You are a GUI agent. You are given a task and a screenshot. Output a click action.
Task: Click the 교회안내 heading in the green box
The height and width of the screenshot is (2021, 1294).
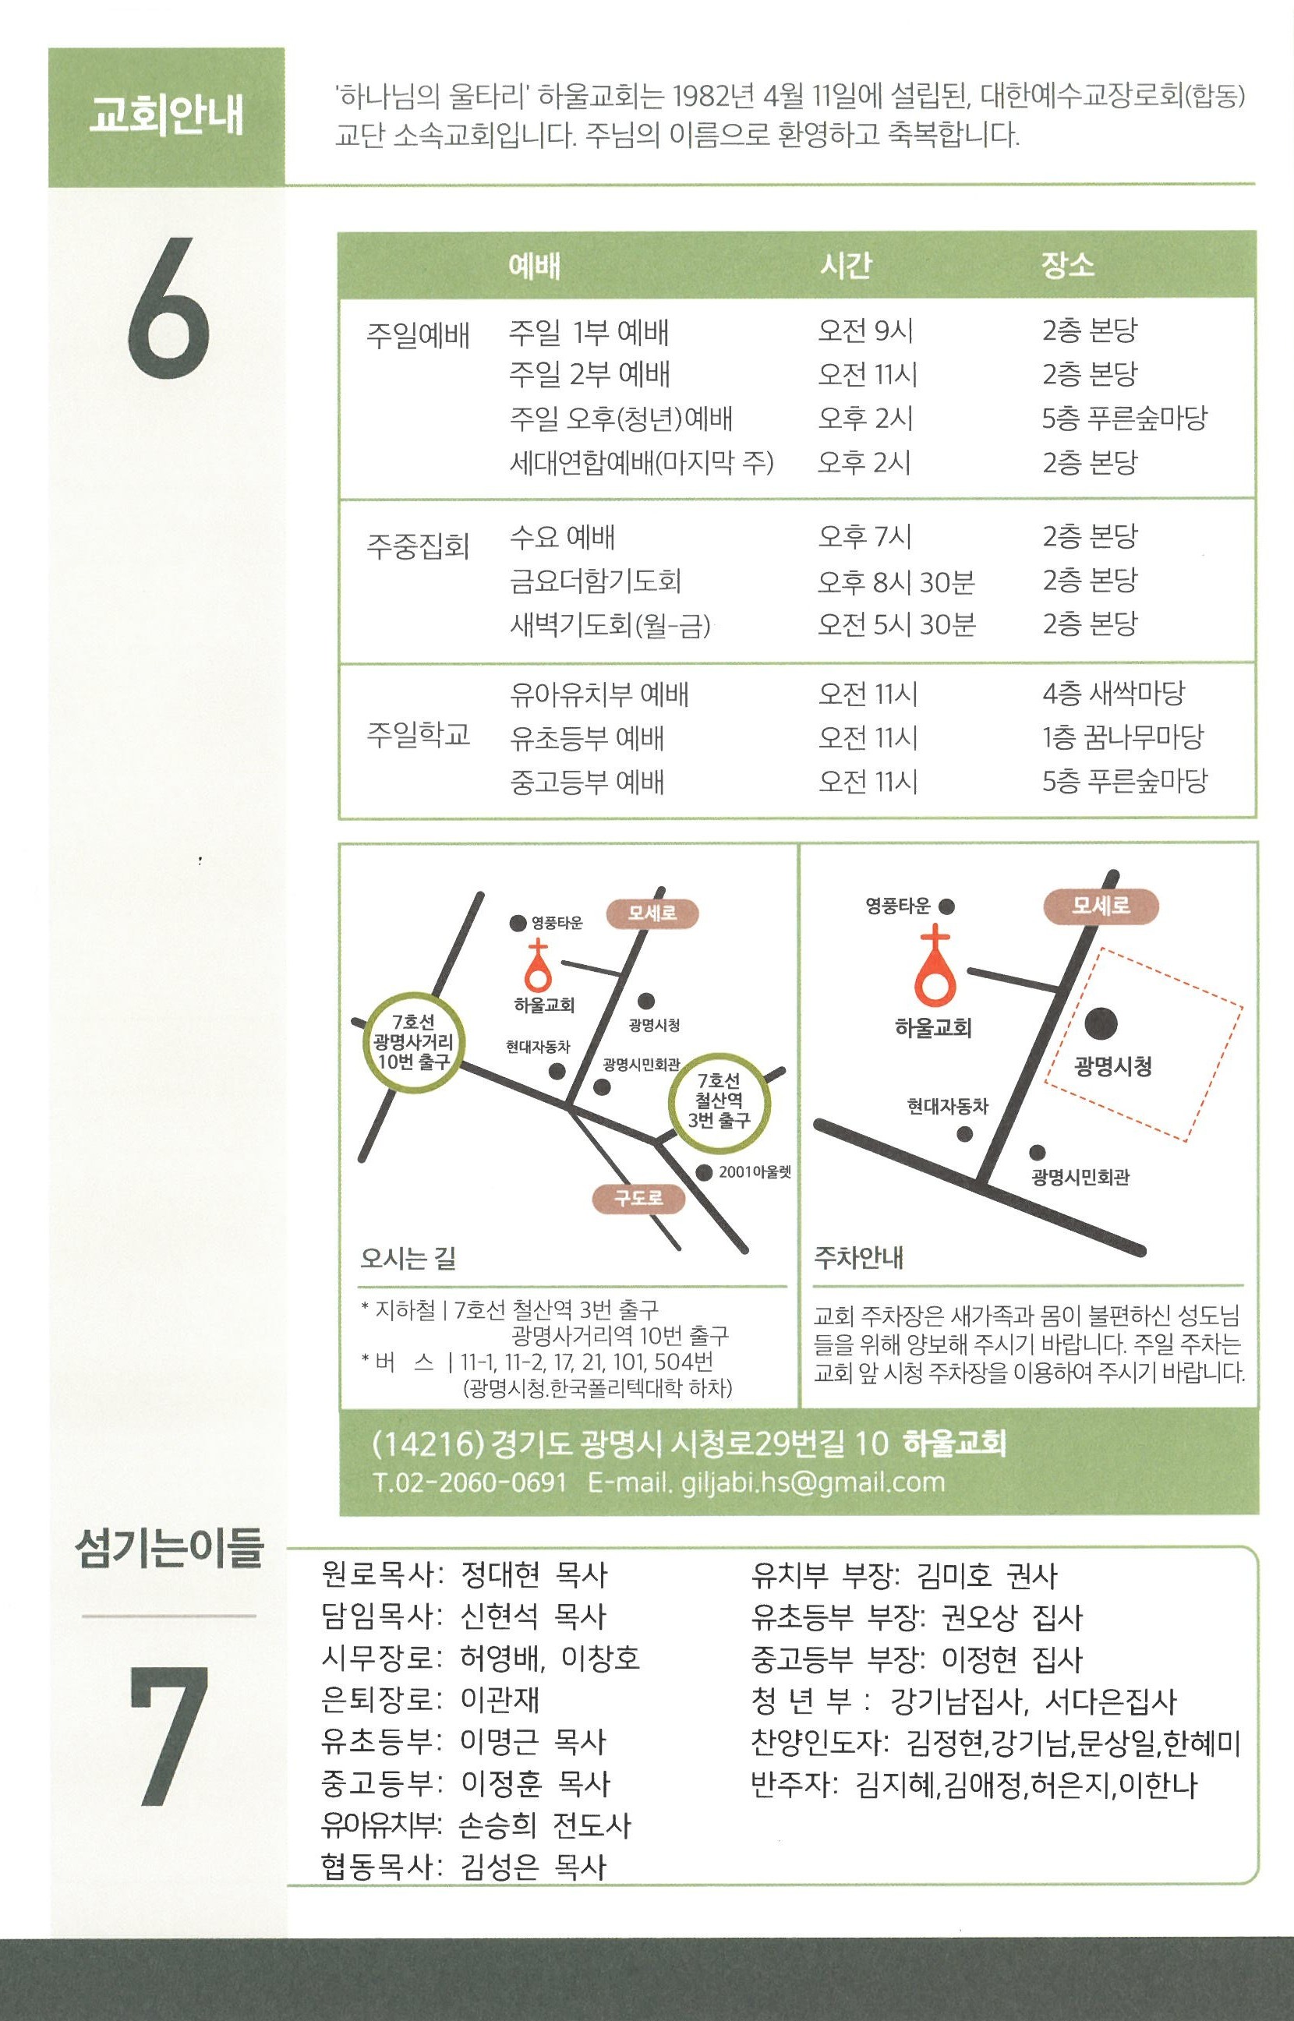[x=166, y=116]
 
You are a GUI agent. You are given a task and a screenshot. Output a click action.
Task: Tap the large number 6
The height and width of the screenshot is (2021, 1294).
[x=168, y=309]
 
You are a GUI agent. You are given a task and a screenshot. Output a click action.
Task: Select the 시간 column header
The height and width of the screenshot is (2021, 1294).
[x=846, y=266]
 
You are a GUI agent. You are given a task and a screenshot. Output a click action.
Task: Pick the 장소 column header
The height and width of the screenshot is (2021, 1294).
[x=1068, y=266]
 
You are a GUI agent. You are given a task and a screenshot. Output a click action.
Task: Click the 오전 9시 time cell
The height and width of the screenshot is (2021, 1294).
[x=865, y=331]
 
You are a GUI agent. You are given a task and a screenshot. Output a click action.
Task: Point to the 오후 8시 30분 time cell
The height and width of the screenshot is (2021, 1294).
[x=896, y=581]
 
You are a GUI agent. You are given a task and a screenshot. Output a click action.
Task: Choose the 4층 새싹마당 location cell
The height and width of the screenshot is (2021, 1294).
[x=1113, y=694]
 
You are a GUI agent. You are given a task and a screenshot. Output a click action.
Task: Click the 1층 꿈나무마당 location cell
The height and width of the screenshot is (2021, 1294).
[x=1123, y=737]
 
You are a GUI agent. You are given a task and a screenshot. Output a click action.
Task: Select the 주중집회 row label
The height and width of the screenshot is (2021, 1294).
[x=418, y=547]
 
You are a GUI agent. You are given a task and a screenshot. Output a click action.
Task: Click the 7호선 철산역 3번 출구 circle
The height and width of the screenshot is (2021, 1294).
[x=719, y=1101]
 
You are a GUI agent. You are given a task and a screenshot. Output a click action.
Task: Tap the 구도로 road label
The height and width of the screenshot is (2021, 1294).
[x=638, y=1198]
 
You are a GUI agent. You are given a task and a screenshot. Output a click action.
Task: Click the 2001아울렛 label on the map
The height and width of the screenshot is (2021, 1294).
[x=755, y=1171]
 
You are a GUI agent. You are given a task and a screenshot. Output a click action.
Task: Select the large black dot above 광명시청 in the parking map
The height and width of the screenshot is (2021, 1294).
[x=1101, y=1023]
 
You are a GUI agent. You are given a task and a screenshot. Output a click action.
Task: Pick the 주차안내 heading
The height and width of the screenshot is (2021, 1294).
[x=859, y=1257]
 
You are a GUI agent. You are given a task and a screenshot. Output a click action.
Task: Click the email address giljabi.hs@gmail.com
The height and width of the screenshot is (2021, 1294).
[x=812, y=1482]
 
